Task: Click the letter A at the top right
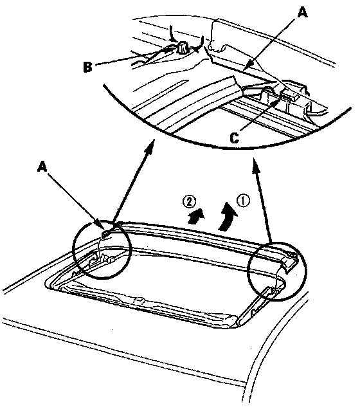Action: pos(302,12)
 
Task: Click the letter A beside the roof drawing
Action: pos(42,166)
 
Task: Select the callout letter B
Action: pos(88,66)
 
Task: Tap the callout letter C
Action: pos(235,138)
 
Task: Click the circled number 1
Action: pos(243,201)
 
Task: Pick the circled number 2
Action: pos(190,202)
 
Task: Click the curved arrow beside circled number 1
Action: pos(228,216)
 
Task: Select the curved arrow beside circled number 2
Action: pos(196,216)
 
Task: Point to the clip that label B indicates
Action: pos(182,48)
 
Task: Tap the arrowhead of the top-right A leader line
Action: pos(249,64)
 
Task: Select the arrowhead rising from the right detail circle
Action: pos(255,164)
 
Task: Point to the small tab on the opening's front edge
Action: pos(139,300)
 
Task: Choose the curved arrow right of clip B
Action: pos(199,44)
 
